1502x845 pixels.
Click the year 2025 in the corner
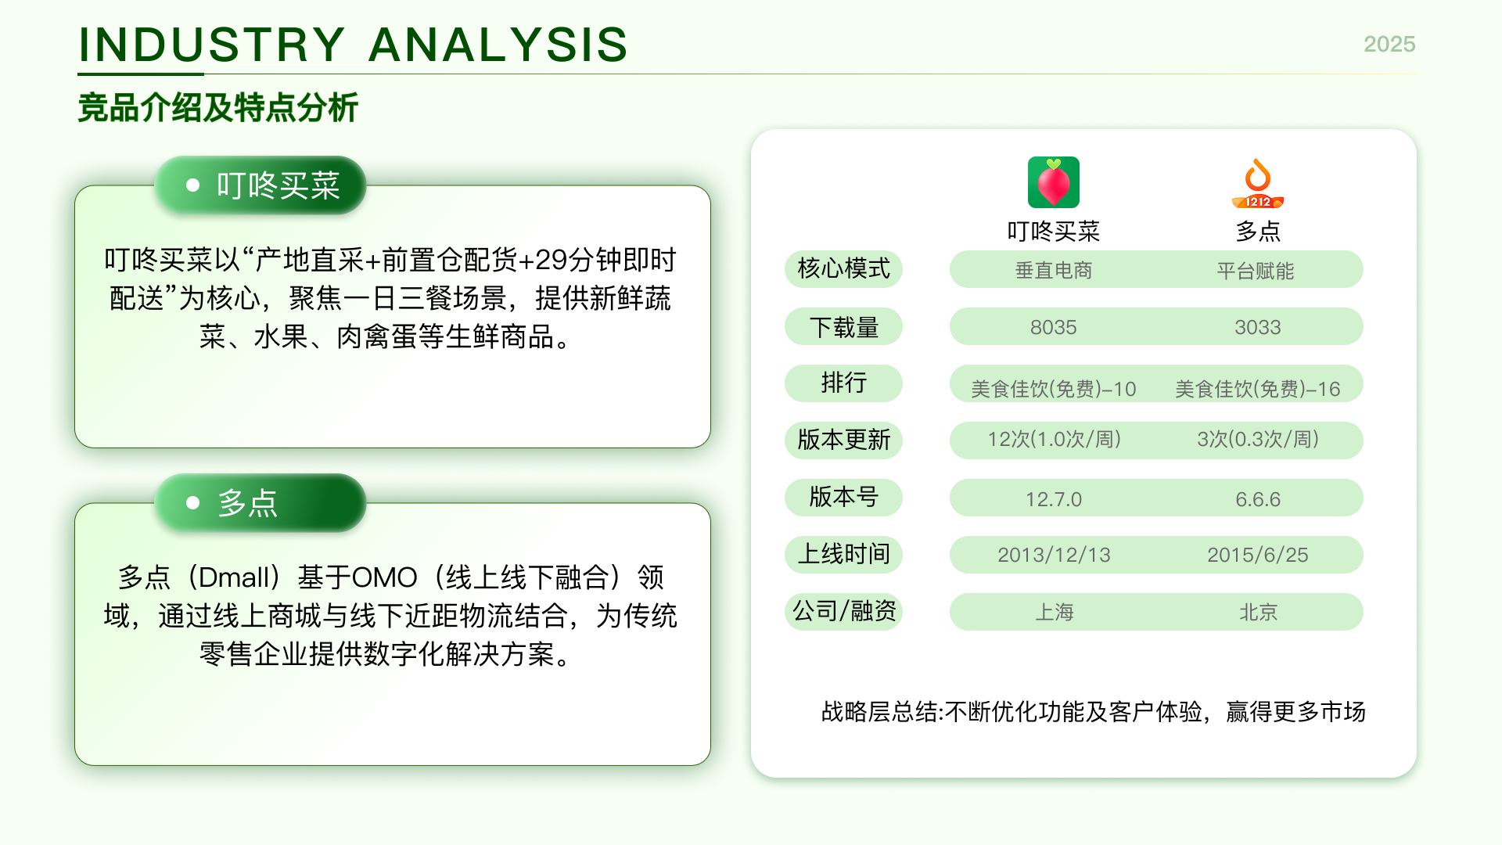pos(1389,44)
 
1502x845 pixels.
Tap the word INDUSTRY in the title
pos(212,45)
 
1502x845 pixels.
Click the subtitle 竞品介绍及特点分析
pos(217,108)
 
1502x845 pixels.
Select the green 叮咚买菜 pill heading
pos(261,185)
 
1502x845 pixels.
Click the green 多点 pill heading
pos(261,503)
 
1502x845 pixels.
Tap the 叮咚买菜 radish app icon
pos(1054,182)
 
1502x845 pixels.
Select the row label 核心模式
pos(843,269)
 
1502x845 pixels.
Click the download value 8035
pos(1054,327)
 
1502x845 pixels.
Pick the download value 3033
pos(1258,327)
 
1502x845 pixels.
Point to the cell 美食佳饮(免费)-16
pos(1258,389)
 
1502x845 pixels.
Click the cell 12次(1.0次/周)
pos(1054,439)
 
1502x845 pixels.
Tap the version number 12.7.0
pos(1054,499)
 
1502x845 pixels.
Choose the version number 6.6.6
pos(1258,499)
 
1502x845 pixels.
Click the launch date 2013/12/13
pos(1054,555)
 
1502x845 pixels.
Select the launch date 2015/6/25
pos(1258,555)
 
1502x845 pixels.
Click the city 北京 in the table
pos(1258,612)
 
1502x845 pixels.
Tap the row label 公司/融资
pos(843,611)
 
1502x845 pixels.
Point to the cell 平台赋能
pos(1256,271)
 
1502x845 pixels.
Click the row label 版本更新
pos(843,440)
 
